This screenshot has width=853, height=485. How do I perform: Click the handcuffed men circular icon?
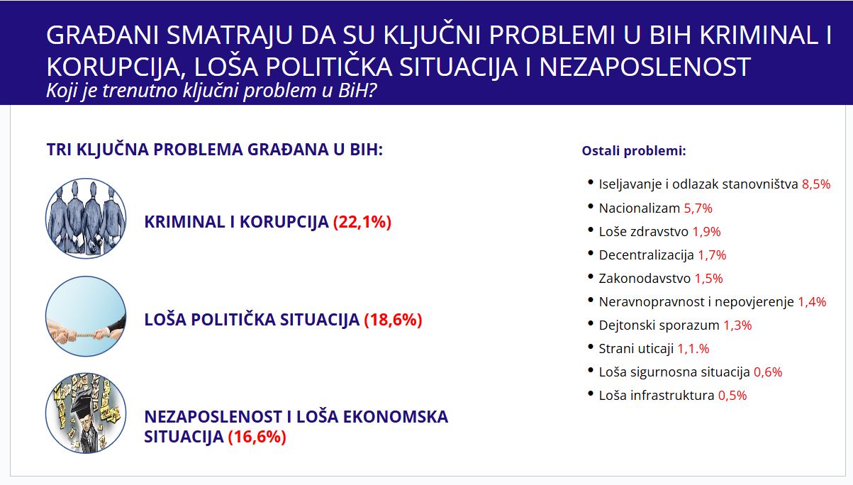tap(86, 218)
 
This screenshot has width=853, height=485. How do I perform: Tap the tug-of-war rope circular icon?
tap(86, 316)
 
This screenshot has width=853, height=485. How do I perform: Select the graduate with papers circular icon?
tap(86, 413)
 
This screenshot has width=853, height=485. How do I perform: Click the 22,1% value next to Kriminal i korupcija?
tap(362, 222)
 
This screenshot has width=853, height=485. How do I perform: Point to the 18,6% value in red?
tap(393, 320)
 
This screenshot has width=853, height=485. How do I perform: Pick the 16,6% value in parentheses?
tap(257, 437)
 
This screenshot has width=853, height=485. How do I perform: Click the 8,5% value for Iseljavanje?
tap(815, 184)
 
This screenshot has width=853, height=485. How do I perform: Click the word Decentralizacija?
tap(646, 255)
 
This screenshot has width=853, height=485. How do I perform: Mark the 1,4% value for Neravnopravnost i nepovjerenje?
tap(812, 302)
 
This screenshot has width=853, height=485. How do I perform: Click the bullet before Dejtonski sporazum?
tap(590, 323)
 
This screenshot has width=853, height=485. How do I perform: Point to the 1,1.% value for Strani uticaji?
tap(693, 349)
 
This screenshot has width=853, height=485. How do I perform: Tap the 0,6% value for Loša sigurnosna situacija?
tap(767, 372)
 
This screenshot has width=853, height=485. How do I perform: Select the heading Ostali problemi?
tap(633, 151)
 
